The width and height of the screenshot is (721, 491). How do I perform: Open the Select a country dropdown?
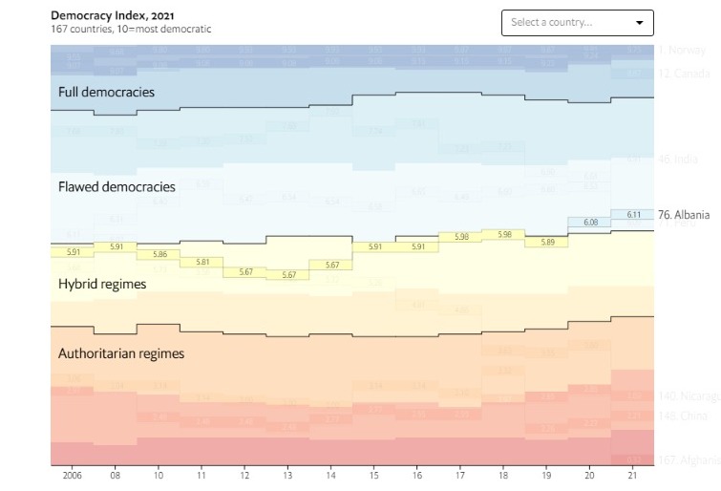coord(577,23)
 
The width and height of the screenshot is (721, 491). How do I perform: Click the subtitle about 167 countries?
coord(131,30)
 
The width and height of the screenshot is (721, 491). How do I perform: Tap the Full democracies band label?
coord(106,93)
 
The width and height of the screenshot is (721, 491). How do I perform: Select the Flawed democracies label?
coord(117,186)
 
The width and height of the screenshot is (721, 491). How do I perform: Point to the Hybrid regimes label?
coord(101,284)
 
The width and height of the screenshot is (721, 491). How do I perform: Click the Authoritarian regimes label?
coord(121,353)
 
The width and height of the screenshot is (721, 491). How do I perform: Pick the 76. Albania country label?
coord(684,215)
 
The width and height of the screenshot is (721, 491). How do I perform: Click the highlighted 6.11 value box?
coord(632,215)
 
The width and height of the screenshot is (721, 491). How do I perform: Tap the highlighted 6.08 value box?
coord(589,222)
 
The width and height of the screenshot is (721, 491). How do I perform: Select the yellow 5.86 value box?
coord(158,255)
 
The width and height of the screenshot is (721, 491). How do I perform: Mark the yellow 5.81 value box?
coord(201,262)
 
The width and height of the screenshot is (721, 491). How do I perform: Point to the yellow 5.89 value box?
coord(547,243)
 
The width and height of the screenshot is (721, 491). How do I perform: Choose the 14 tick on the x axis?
coord(331,475)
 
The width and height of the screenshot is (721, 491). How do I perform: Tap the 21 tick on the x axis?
coord(633,475)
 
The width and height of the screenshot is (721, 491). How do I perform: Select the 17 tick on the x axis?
coord(460,475)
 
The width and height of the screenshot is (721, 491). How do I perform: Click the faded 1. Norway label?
coord(682,50)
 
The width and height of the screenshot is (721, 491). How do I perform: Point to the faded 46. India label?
coord(678,160)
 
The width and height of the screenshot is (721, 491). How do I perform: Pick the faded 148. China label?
coord(683,416)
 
